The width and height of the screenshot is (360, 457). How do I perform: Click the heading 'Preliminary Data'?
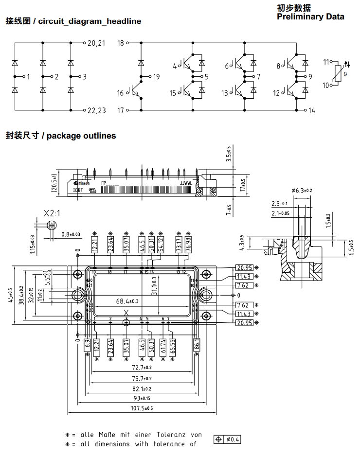[310, 17]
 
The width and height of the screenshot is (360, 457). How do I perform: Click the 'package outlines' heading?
[81, 136]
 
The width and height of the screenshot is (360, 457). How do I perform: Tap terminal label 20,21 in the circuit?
[96, 43]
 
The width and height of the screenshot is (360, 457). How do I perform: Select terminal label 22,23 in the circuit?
[96, 110]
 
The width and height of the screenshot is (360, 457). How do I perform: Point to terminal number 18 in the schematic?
[121, 43]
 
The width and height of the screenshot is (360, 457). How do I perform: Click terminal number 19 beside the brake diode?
[155, 77]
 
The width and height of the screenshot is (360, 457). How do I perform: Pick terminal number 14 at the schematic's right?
[311, 111]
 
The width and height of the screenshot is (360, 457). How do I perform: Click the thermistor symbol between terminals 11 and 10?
[334, 74]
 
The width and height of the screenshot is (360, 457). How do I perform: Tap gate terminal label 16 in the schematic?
[120, 93]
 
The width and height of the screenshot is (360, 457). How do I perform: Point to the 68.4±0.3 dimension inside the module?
[127, 301]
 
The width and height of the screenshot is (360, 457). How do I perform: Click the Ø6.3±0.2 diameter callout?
[302, 190]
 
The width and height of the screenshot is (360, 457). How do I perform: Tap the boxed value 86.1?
[197, 344]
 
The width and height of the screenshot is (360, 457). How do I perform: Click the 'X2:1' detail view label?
[52, 213]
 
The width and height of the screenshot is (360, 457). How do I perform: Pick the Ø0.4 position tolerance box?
[228, 440]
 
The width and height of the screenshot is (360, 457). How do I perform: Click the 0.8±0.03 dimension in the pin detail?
[71, 235]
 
